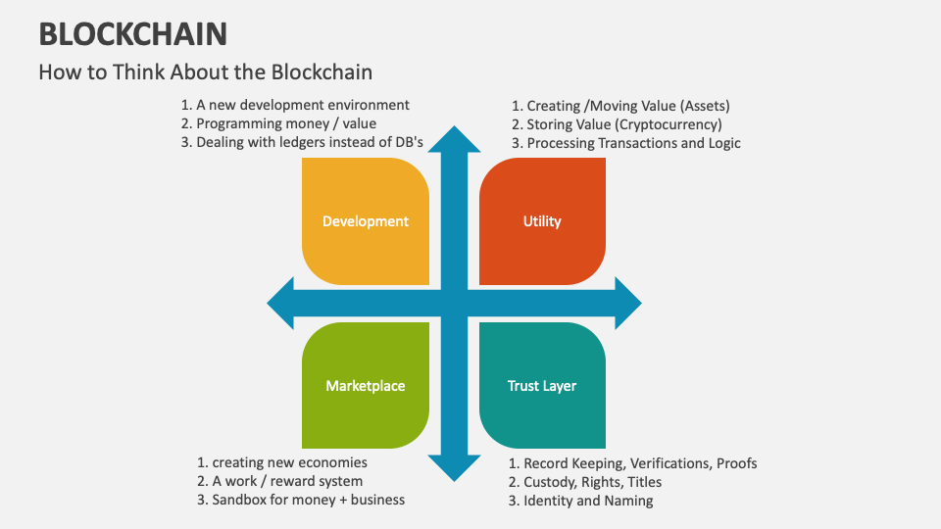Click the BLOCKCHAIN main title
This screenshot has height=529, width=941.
point(133,33)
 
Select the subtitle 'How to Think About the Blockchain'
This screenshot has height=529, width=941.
point(206,72)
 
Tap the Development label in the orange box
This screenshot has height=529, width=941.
point(366,221)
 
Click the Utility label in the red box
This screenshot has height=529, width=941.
point(542,221)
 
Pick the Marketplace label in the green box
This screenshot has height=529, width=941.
point(366,386)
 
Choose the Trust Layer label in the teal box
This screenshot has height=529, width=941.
point(542,386)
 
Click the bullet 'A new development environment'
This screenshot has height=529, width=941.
point(303,105)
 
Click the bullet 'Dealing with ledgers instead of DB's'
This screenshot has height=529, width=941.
point(309,142)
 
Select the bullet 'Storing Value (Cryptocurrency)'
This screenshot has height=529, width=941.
point(623,124)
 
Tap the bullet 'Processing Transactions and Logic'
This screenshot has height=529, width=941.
point(633,143)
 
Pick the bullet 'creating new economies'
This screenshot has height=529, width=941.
point(289,462)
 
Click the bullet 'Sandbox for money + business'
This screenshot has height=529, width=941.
point(308,500)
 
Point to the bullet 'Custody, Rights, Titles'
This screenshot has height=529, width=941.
point(592,482)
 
